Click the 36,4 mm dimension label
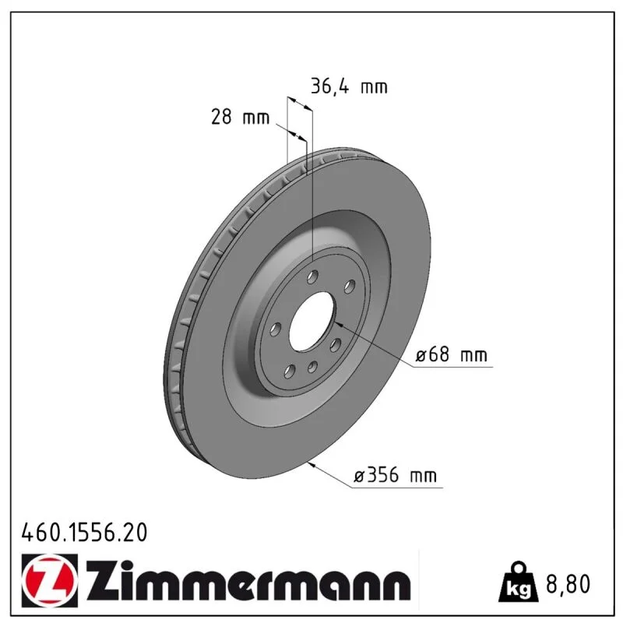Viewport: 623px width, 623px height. tap(349, 86)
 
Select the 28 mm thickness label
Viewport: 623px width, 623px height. tap(240, 118)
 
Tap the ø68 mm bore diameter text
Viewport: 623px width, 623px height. tap(451, 354)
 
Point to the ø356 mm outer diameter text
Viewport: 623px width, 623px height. tap(396, 475)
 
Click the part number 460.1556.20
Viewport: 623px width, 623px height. tap(84, 533)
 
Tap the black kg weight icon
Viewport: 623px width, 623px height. tap(519, 582)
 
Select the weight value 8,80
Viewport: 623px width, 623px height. tap(568, 584)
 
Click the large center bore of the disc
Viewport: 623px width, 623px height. tap(312, 322)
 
